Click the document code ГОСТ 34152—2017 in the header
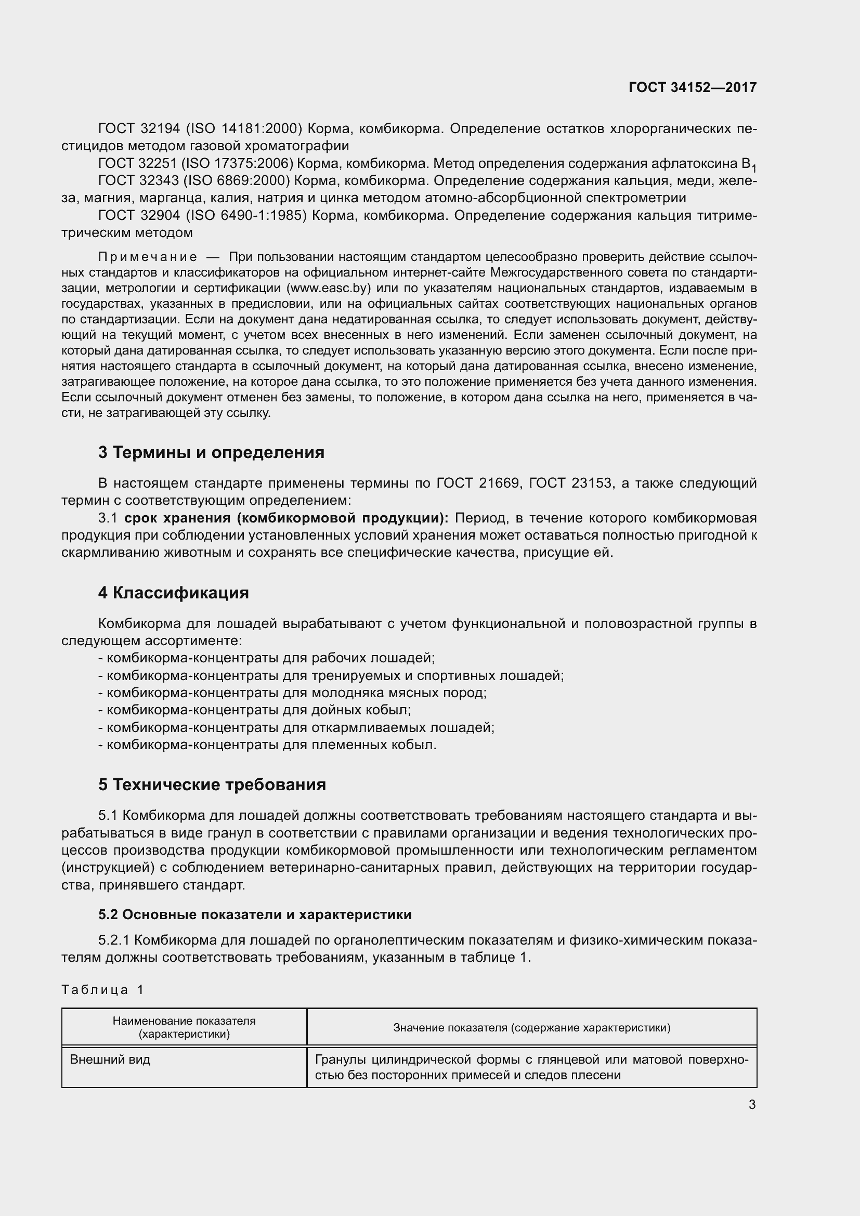point(692,87)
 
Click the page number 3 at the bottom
point(752,1105)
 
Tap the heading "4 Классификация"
point(173,592)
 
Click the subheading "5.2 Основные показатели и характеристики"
point(255,914)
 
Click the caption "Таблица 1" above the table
point(103,990)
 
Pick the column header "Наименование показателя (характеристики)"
point(184,1027)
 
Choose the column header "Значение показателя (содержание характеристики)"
point(532,1027)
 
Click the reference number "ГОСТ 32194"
point(139,129)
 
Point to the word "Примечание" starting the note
point(148,257)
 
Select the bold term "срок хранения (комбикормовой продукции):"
point(286,517)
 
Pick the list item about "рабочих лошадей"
point(266,658)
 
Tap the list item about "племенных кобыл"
point(267,744)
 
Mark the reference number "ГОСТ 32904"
point(139,216)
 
